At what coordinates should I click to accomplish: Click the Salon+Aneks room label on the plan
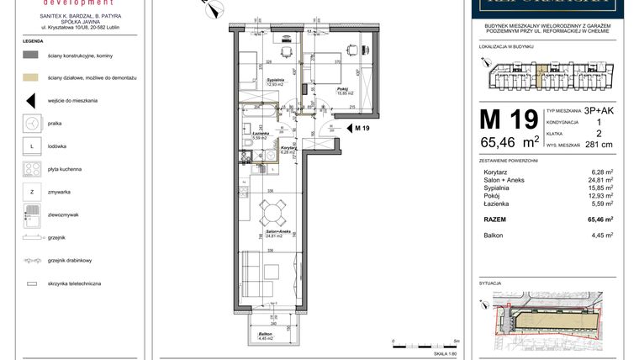click(x=272, y=233)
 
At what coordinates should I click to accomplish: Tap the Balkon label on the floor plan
click(x=266, y=336)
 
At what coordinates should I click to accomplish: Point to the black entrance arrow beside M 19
click(x=349, y=128)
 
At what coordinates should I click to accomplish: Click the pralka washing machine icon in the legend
click(x=31, y=123)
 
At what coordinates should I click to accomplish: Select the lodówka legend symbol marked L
click(x=31, y=146)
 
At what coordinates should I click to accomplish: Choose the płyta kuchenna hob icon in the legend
click(x=31, y=169)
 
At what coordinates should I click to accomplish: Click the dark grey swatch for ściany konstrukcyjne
click(x=31, y=54)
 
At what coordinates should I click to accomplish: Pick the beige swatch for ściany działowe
click(x=31, y=77)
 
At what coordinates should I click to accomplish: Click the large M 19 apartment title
click(x=508, y=120)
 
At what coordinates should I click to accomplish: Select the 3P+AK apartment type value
click(x=599, y=110)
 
